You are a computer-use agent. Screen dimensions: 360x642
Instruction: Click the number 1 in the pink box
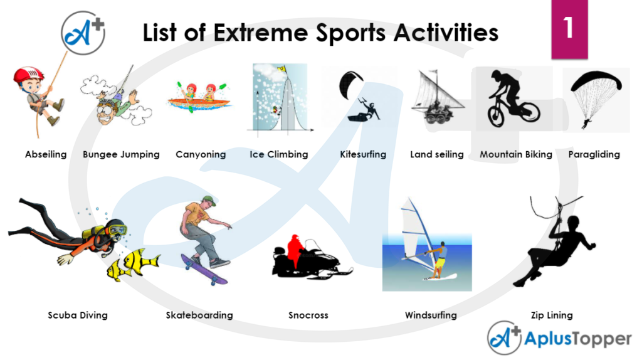click(x=568, y=28)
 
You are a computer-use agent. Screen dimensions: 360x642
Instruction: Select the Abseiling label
click(x=46, y=154)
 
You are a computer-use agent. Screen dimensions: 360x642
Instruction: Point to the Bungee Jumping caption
click(x=121, y=154)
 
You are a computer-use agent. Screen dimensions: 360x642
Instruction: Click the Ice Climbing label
click(x=278, y=154)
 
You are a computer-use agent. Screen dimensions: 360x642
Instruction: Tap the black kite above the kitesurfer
click(x=349, y=83)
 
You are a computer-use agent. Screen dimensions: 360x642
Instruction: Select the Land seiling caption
click(x=436, y=154)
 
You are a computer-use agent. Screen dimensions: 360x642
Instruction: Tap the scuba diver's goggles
click(x=117, y=230)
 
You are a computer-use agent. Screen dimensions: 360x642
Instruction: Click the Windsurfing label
click(x=431, y=315)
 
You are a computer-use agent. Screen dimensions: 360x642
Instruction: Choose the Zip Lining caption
click(x=551, y=315)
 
